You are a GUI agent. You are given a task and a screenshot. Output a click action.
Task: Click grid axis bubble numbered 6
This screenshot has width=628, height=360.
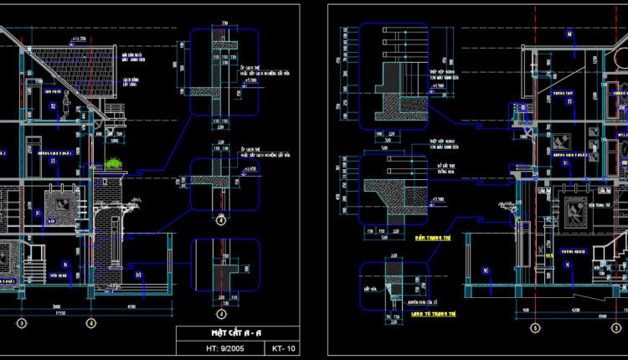tap(533, 327)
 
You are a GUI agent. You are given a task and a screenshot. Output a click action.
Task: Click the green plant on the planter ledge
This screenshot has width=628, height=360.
tap(113, 164)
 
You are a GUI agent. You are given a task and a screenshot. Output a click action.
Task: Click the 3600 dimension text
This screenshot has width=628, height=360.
tap(52, 306)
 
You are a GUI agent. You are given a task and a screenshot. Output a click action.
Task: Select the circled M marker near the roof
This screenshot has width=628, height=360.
tap(569, 35)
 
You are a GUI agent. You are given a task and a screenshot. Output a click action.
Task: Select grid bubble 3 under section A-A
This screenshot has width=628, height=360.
tap(21, 322)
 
